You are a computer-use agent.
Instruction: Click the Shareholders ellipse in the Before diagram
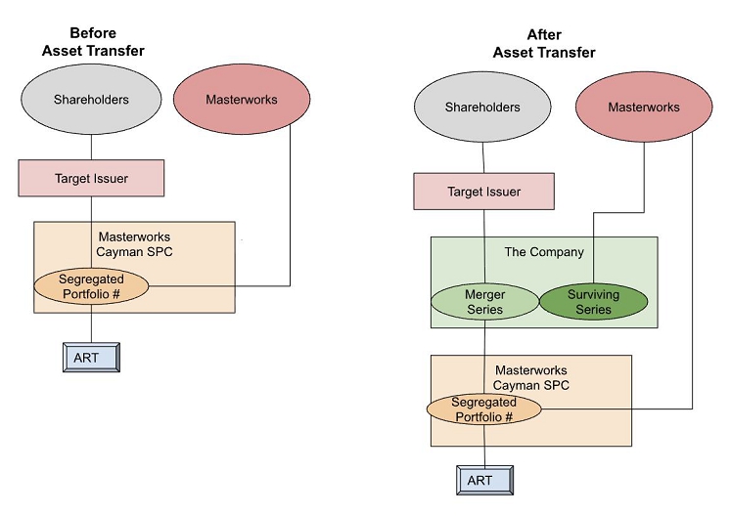91,100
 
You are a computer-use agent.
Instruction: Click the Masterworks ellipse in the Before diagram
241,100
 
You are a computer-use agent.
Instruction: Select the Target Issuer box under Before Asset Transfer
91,179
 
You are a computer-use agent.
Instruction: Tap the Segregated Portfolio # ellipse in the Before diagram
91,286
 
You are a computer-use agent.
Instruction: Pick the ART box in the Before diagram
91,358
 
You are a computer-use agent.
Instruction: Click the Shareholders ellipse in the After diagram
483,107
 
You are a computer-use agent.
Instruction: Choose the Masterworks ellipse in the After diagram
643,107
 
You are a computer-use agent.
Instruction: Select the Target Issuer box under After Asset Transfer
483,192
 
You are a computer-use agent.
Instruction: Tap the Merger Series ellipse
484,302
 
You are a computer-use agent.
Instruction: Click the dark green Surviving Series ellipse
593,302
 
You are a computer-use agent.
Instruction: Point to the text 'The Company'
543,252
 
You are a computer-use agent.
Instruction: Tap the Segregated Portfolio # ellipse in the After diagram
484,409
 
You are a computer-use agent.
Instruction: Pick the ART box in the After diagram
484,480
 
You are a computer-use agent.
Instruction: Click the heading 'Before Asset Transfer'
91,41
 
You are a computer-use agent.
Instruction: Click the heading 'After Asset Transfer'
543,44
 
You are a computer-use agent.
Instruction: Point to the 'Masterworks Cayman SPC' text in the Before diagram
134,243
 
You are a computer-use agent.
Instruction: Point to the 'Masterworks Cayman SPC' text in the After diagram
530,377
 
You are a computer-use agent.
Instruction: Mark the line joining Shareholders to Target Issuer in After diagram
483,155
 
